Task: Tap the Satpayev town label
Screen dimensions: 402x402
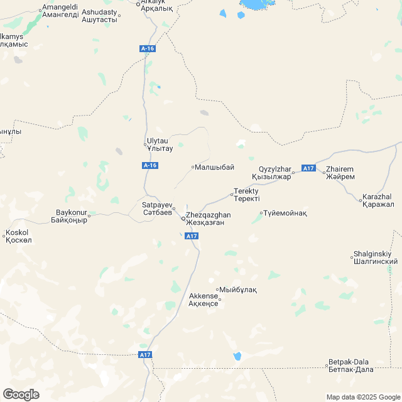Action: tap(156, 209)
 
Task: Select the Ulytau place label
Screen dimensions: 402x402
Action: tap(159, 145)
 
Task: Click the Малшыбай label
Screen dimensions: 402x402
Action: tap(214, 167)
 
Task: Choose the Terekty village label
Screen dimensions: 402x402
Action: tap(246, 194)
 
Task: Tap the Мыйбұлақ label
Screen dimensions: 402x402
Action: tap(238, 290)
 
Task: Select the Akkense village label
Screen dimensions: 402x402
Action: tap(203, 300)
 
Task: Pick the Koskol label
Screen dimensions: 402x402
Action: tap(17, 236)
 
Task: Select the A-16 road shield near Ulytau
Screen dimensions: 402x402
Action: tap(149, 165)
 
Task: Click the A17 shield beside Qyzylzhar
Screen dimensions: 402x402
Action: tap(308, 168)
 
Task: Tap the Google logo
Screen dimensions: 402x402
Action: tap(21, 394)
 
